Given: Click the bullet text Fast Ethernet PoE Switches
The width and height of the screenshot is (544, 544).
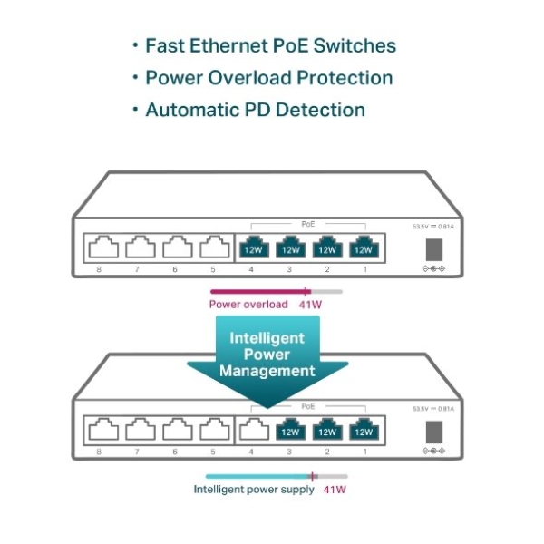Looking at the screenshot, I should [270, 45].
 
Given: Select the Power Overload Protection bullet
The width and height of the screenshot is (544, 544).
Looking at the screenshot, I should [269, 77].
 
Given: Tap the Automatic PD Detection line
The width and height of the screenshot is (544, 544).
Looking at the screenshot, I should [255, 110].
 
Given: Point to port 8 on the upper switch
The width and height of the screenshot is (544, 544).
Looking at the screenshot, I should [101, 248].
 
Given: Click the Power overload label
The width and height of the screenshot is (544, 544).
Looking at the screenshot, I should [248, 304].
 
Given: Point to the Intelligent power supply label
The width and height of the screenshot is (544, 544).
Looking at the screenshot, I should [254, 490].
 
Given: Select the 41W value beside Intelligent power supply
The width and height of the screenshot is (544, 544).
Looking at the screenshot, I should [335, 490].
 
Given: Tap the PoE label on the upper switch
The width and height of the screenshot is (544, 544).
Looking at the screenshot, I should [308, 222].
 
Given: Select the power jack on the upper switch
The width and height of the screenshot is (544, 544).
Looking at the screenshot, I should [433, 248].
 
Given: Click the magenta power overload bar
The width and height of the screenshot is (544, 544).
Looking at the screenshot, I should [259, 291].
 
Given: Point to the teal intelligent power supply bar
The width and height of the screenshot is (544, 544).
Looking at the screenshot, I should [258, 476].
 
